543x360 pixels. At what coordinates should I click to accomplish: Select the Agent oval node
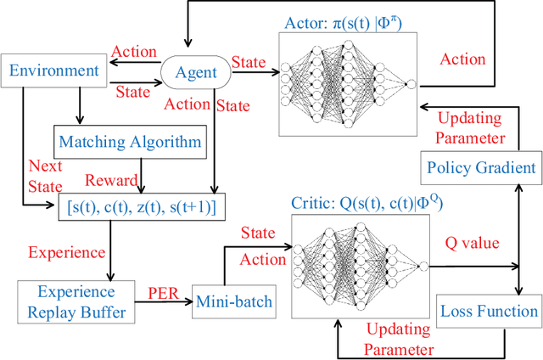tap(195, 74)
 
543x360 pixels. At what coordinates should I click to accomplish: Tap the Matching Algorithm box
tap(128, 141)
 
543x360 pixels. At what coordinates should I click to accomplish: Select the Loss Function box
tap(487, 311)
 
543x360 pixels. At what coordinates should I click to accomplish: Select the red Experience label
tap(67, 252)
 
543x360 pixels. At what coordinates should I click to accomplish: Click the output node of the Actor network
tap(411, 84)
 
